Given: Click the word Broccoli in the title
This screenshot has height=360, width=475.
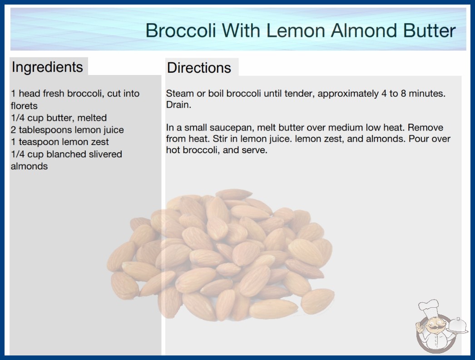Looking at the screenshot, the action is (x=181, y=30).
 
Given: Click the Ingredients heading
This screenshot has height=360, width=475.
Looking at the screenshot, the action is (x=47, y=67).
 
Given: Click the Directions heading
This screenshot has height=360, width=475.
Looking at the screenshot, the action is (x=199, y=68).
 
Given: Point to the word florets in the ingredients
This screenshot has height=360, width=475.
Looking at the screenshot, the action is (x=24, y=106).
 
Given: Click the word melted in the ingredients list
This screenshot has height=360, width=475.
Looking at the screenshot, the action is (x=92, y=118).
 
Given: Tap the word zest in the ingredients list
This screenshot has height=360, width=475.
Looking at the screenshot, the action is (x=100, y=142).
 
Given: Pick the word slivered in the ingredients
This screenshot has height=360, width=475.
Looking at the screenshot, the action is (x=105, y=154).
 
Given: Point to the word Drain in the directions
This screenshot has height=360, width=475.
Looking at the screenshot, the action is (x=178, y=105).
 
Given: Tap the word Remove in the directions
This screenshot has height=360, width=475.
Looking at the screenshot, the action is (x=426, y=127).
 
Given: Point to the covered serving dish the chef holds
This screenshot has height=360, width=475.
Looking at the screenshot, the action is (x=457, y=326).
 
